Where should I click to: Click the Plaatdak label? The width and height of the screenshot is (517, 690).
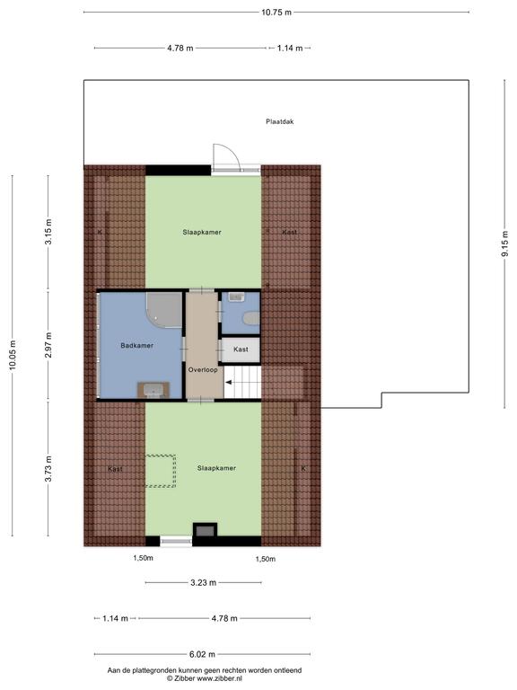pyautogui.click(x=280, y=121)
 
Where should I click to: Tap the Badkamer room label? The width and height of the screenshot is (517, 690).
pyautogui.click(x=137, y=345)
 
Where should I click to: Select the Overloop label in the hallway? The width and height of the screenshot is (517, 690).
pyautogui.click(x=203, y=369)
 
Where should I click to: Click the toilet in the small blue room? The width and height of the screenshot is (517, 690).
pyautogui.click(x=252, y=318)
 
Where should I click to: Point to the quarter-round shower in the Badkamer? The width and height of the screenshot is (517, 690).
pyautogui.click(x=165, y=310)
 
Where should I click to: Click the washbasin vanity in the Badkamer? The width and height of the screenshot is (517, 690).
pyautogui.click(x=153, y=389)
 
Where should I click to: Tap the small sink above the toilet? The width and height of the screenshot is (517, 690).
pyautogui.click(x=237, y=297)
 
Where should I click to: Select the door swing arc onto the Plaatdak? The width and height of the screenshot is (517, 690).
pyautogui.click(x=232, y=151)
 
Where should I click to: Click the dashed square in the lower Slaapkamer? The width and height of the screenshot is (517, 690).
pyautogui.click(x=161, y=471)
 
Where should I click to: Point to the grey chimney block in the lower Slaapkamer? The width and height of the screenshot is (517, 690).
pyautogui.click(x=205, y=530)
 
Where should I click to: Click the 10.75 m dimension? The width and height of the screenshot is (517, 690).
pyautogui.click(x=276, y=13)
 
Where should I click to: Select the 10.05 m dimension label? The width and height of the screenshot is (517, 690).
pyautogui.click(x=13, y=355)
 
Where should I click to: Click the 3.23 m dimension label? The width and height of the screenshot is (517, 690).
pyautogui.click(x=203, y=582)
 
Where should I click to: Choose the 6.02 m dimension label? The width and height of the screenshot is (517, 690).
pyautogui.click(x=202, y=654)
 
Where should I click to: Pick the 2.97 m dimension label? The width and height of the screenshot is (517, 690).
pyautogui.click(x=48, y=345)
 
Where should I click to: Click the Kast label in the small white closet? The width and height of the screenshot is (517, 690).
pyautogui.click(x=241, y=349)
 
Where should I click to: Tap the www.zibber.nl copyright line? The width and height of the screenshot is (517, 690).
pyautogui.click(x=205, y=678)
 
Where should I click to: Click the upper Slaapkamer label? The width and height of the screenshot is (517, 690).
pyautogui.click(x=202, y=232)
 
